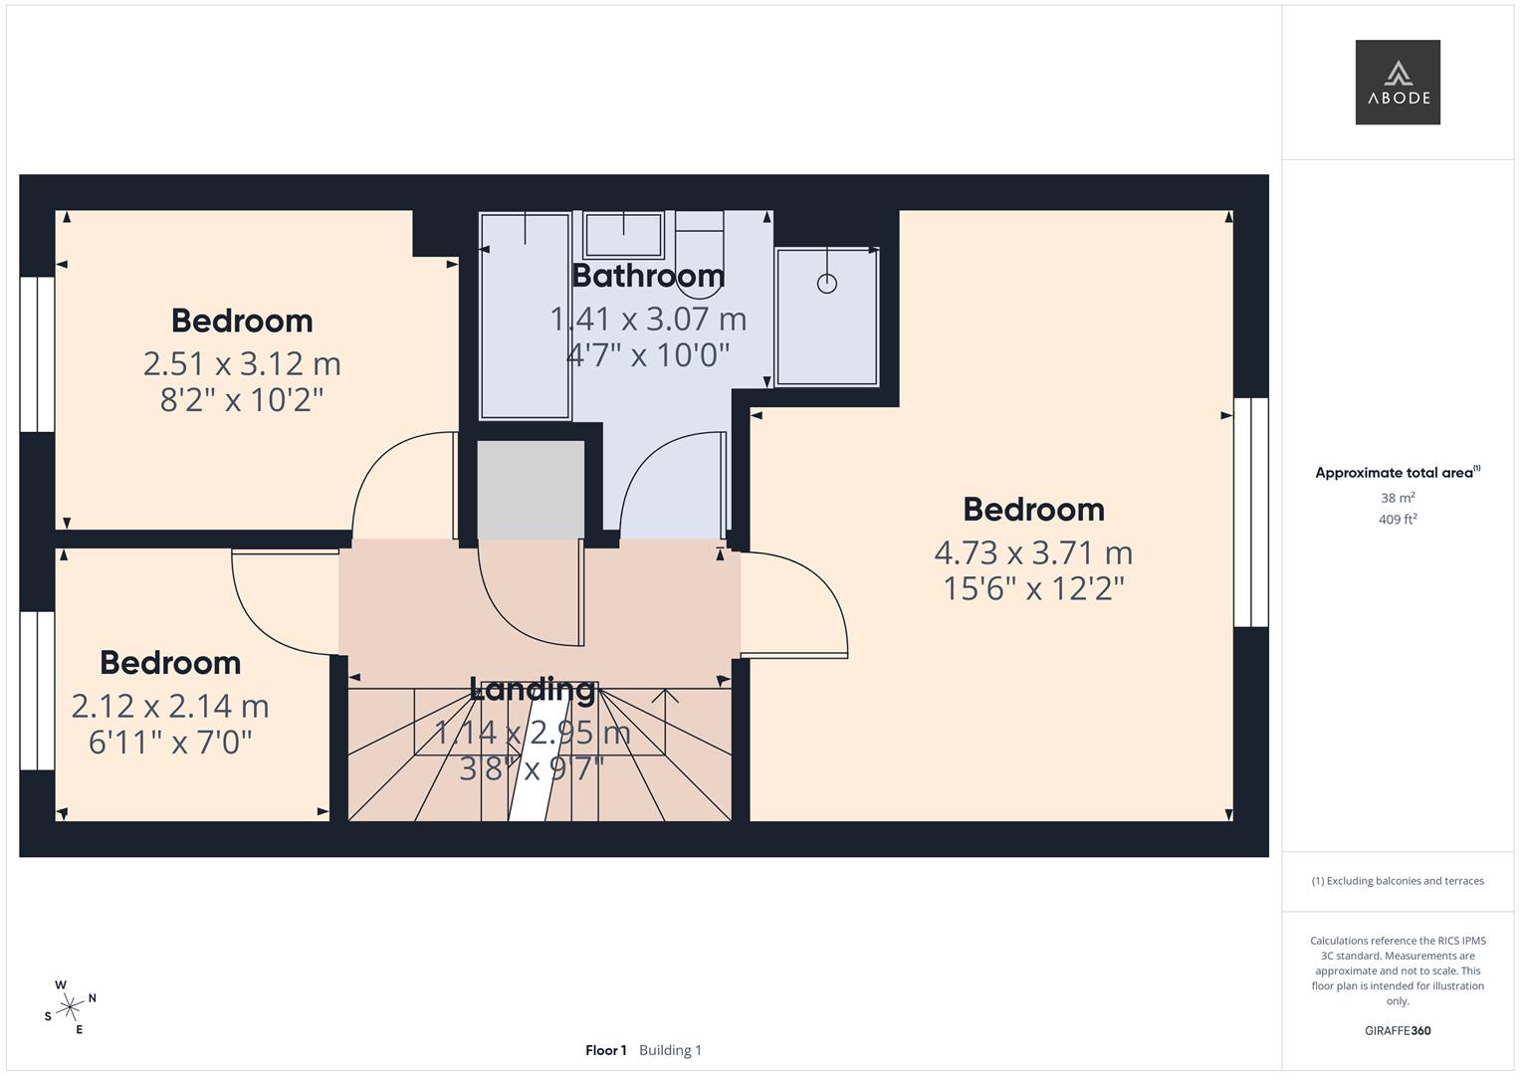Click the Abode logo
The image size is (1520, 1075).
coord(1398,83)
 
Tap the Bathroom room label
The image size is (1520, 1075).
coord(648,275)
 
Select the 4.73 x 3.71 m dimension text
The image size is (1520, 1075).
coord(1033,552)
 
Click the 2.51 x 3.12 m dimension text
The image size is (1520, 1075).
coord(242,364)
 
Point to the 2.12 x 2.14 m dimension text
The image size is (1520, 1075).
coord(170,707)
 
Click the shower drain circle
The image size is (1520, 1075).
coord(826,284)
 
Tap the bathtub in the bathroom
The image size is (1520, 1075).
coord(526,316)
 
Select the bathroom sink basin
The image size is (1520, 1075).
coord(623,236)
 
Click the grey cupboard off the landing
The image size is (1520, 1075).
coord(530,491)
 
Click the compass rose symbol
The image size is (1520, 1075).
coord(70,1007)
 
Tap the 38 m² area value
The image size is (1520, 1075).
coord(1398,498)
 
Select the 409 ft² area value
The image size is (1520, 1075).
coord(1398,520)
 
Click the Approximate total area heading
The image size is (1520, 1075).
coord(1397,473)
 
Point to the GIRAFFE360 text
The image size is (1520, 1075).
coord(1398,1031)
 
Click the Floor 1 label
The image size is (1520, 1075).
coord(606,1050)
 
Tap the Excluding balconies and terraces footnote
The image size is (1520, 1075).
coord(1398,881)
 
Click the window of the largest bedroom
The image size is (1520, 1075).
coord(1251,513)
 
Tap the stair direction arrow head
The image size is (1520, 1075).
coord(664,694)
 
